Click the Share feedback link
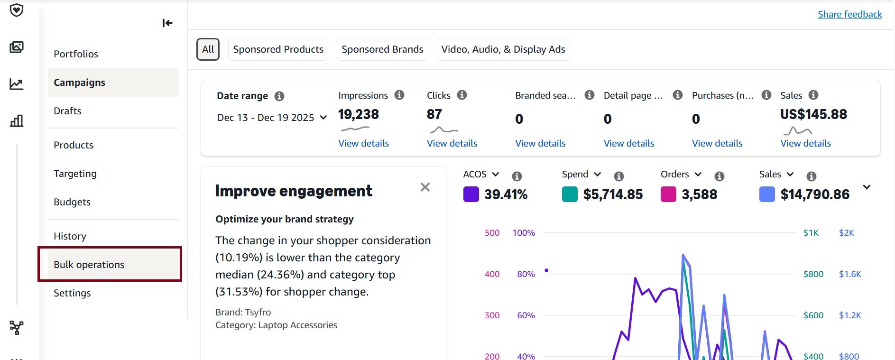click(849, 14)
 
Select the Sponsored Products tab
click(278, 49)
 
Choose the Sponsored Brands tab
click(382, 49)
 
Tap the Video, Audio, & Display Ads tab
click(503, 49)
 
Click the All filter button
click(208, 49)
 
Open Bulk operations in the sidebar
click(89, 265)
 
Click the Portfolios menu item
click(76, 54)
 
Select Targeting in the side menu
click(75, 174)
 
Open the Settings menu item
click(72, 293)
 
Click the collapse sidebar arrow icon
click(167, 23)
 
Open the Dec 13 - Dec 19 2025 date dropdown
click(272, 118)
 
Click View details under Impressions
click(363, 143)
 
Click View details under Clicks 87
click(452, 143)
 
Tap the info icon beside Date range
click(279, 96)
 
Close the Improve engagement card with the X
click(425, 187)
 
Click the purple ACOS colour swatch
click(471, 194)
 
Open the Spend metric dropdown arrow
click(598, 175)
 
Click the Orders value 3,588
click(699, 194)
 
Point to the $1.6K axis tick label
click(849, 274)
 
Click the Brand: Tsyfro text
click(243, 312)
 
